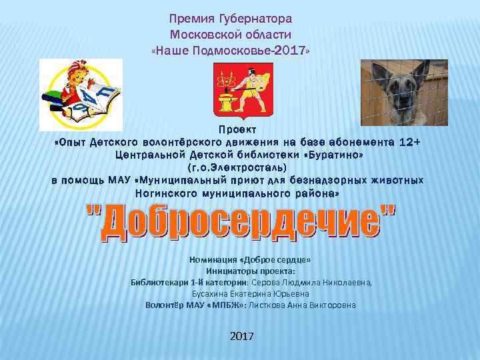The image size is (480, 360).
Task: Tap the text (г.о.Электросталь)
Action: [238, 167]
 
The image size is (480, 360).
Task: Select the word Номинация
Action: [213, 260]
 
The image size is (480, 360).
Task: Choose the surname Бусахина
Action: [213, 293]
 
